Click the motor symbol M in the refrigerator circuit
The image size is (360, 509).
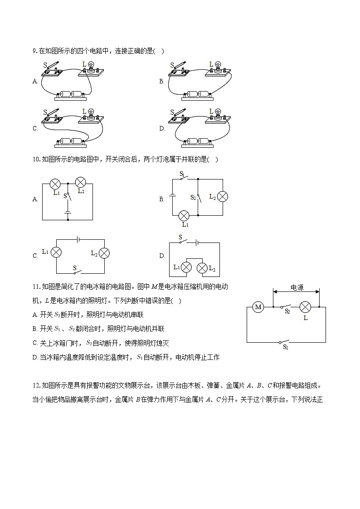click(258, 307)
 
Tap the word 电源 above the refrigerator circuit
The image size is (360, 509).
click(297, 287)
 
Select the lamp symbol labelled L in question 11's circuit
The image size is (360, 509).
click(306, 307)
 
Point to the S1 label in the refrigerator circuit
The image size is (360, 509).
click(285, 347)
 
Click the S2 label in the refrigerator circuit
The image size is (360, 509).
click(287, 312)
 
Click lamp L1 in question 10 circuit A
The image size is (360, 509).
click(55, 184)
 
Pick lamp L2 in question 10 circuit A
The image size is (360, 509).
click(80, 182)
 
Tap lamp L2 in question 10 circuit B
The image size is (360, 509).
click(222, 196)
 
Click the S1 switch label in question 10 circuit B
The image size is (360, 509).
click(182, 174)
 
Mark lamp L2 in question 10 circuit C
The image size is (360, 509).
click(105, 253)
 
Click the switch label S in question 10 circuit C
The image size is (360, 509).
click(75, 268)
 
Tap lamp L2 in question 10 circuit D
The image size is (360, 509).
click(202, 267)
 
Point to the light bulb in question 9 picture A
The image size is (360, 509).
click(91, 66)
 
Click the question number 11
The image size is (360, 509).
click(36, 286)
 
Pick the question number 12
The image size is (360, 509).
click(36, 386)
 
